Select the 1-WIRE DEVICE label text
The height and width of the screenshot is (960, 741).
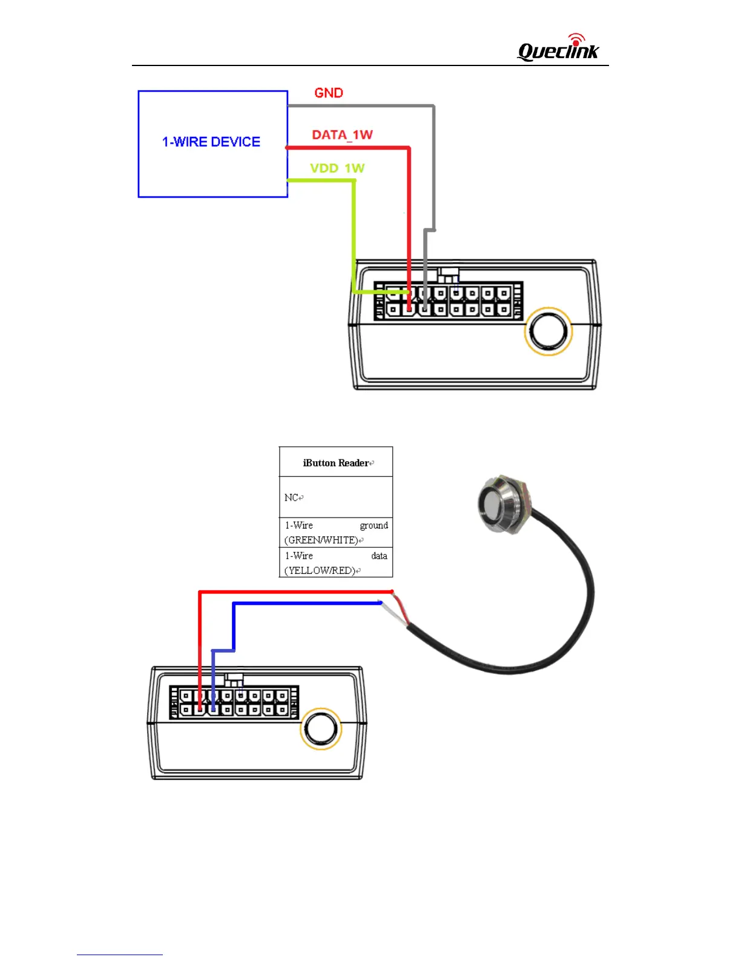pyautogui.click(x=211, y=142)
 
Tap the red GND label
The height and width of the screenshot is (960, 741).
pyautogui.click(x=329, y=93)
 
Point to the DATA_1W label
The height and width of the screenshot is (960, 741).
pyautogui.click(x=342, y=135)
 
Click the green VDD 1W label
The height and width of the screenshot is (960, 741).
pyautogui.click(x=337, y=168)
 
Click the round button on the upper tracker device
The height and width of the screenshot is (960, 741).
pyautogui.click(x=548, y=332)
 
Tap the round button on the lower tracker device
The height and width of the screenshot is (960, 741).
pyautogui.click(x=321, y=728)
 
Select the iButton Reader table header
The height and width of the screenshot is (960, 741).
pyautogui.click(x=336, y=462)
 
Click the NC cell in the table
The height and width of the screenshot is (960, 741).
pyautogui.click(x=336, y=497)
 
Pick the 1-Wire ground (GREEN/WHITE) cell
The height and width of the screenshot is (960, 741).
pyautogui.click(x=336, y=532)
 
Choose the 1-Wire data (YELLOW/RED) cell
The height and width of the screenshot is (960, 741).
pyautogui.click(x=336, y=562)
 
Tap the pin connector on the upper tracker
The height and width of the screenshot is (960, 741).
pyautogui.click(x=448, y=301)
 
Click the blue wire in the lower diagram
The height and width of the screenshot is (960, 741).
pyautogui.click(x=303, y=603)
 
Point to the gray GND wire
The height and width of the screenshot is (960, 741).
pyautogui.click(x=433, y=170)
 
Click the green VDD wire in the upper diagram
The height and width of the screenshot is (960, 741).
pyautogui.click(x=354, y=236)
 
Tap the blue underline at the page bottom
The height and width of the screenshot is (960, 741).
pyautogui.click(x=119, y=955)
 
